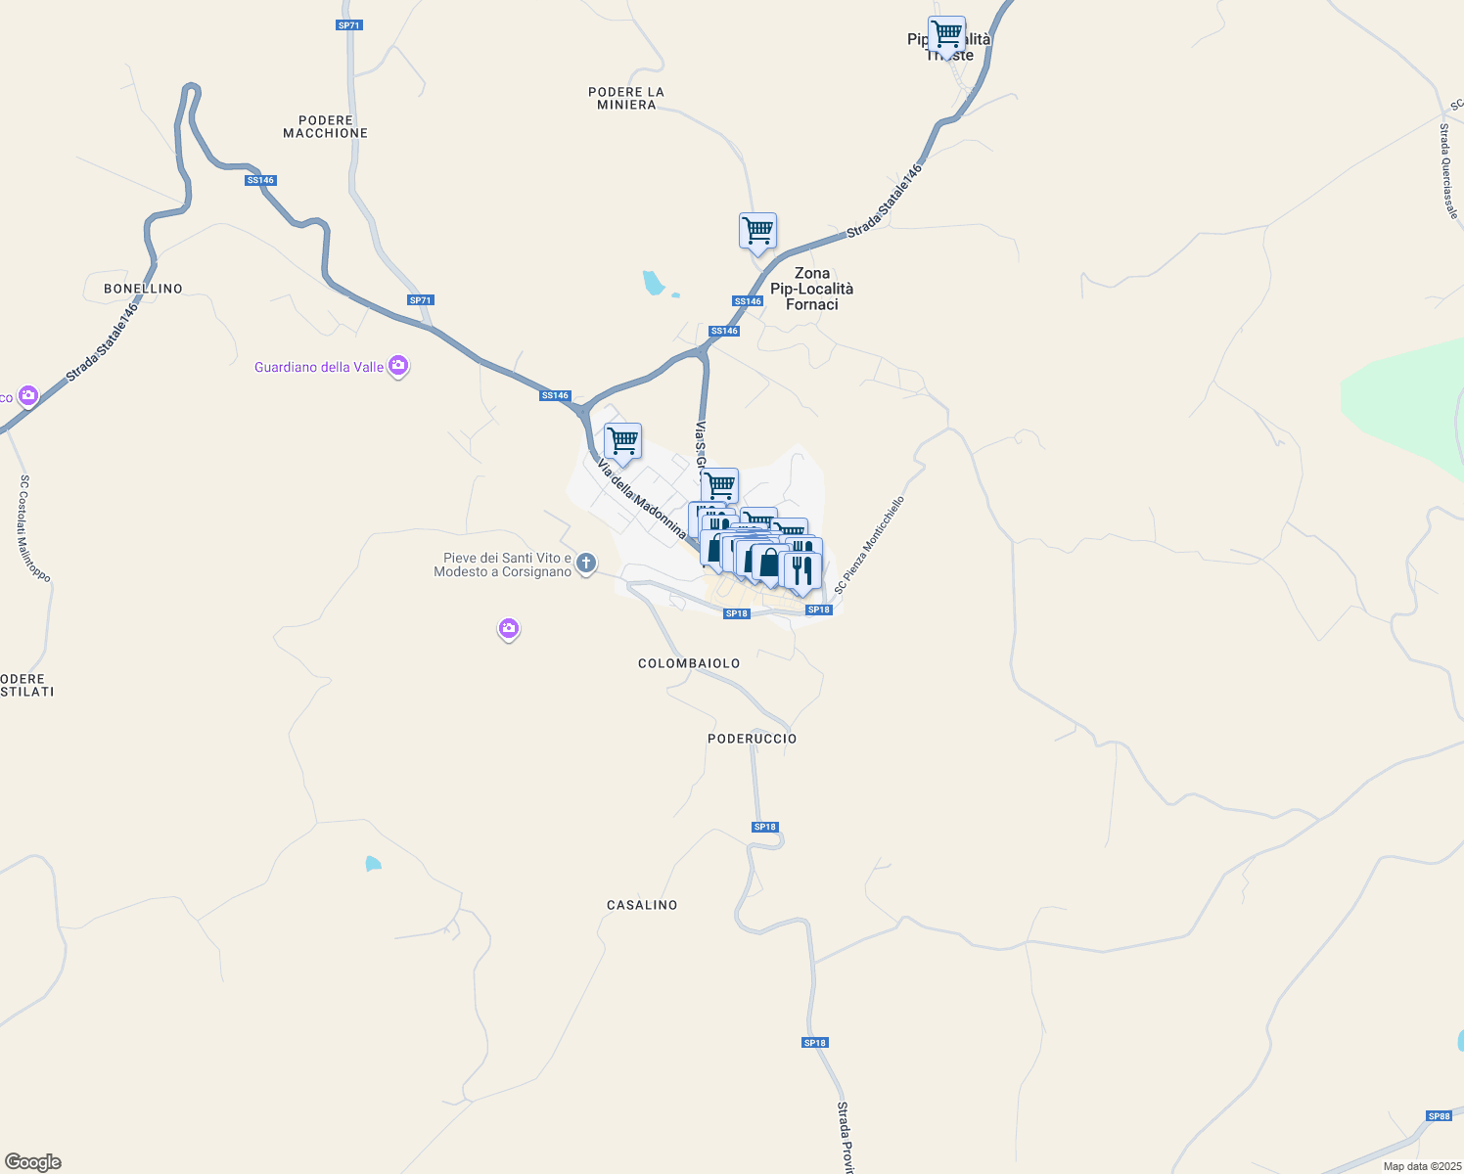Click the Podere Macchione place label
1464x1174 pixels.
325,126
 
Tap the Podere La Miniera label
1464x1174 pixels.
626,98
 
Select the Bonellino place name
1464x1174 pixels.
143,289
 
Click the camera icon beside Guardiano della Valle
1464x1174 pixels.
398,367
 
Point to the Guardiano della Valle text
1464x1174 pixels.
319,367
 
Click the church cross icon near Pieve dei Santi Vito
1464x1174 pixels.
586,563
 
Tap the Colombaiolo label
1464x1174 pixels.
689,663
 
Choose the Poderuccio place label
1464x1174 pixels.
752,739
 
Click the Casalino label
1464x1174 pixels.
642,905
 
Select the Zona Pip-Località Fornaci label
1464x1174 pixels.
811,289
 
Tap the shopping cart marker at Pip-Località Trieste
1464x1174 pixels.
946,35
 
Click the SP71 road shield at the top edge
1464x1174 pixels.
348,25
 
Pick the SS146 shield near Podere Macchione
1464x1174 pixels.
260,180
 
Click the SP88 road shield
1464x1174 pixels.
1439,1116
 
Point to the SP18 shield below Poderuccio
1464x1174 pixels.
764,827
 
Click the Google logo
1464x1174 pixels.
33,1162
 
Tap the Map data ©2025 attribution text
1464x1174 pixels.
1421,1166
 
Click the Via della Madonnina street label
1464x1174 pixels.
641,498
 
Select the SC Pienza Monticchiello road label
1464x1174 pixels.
869,545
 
